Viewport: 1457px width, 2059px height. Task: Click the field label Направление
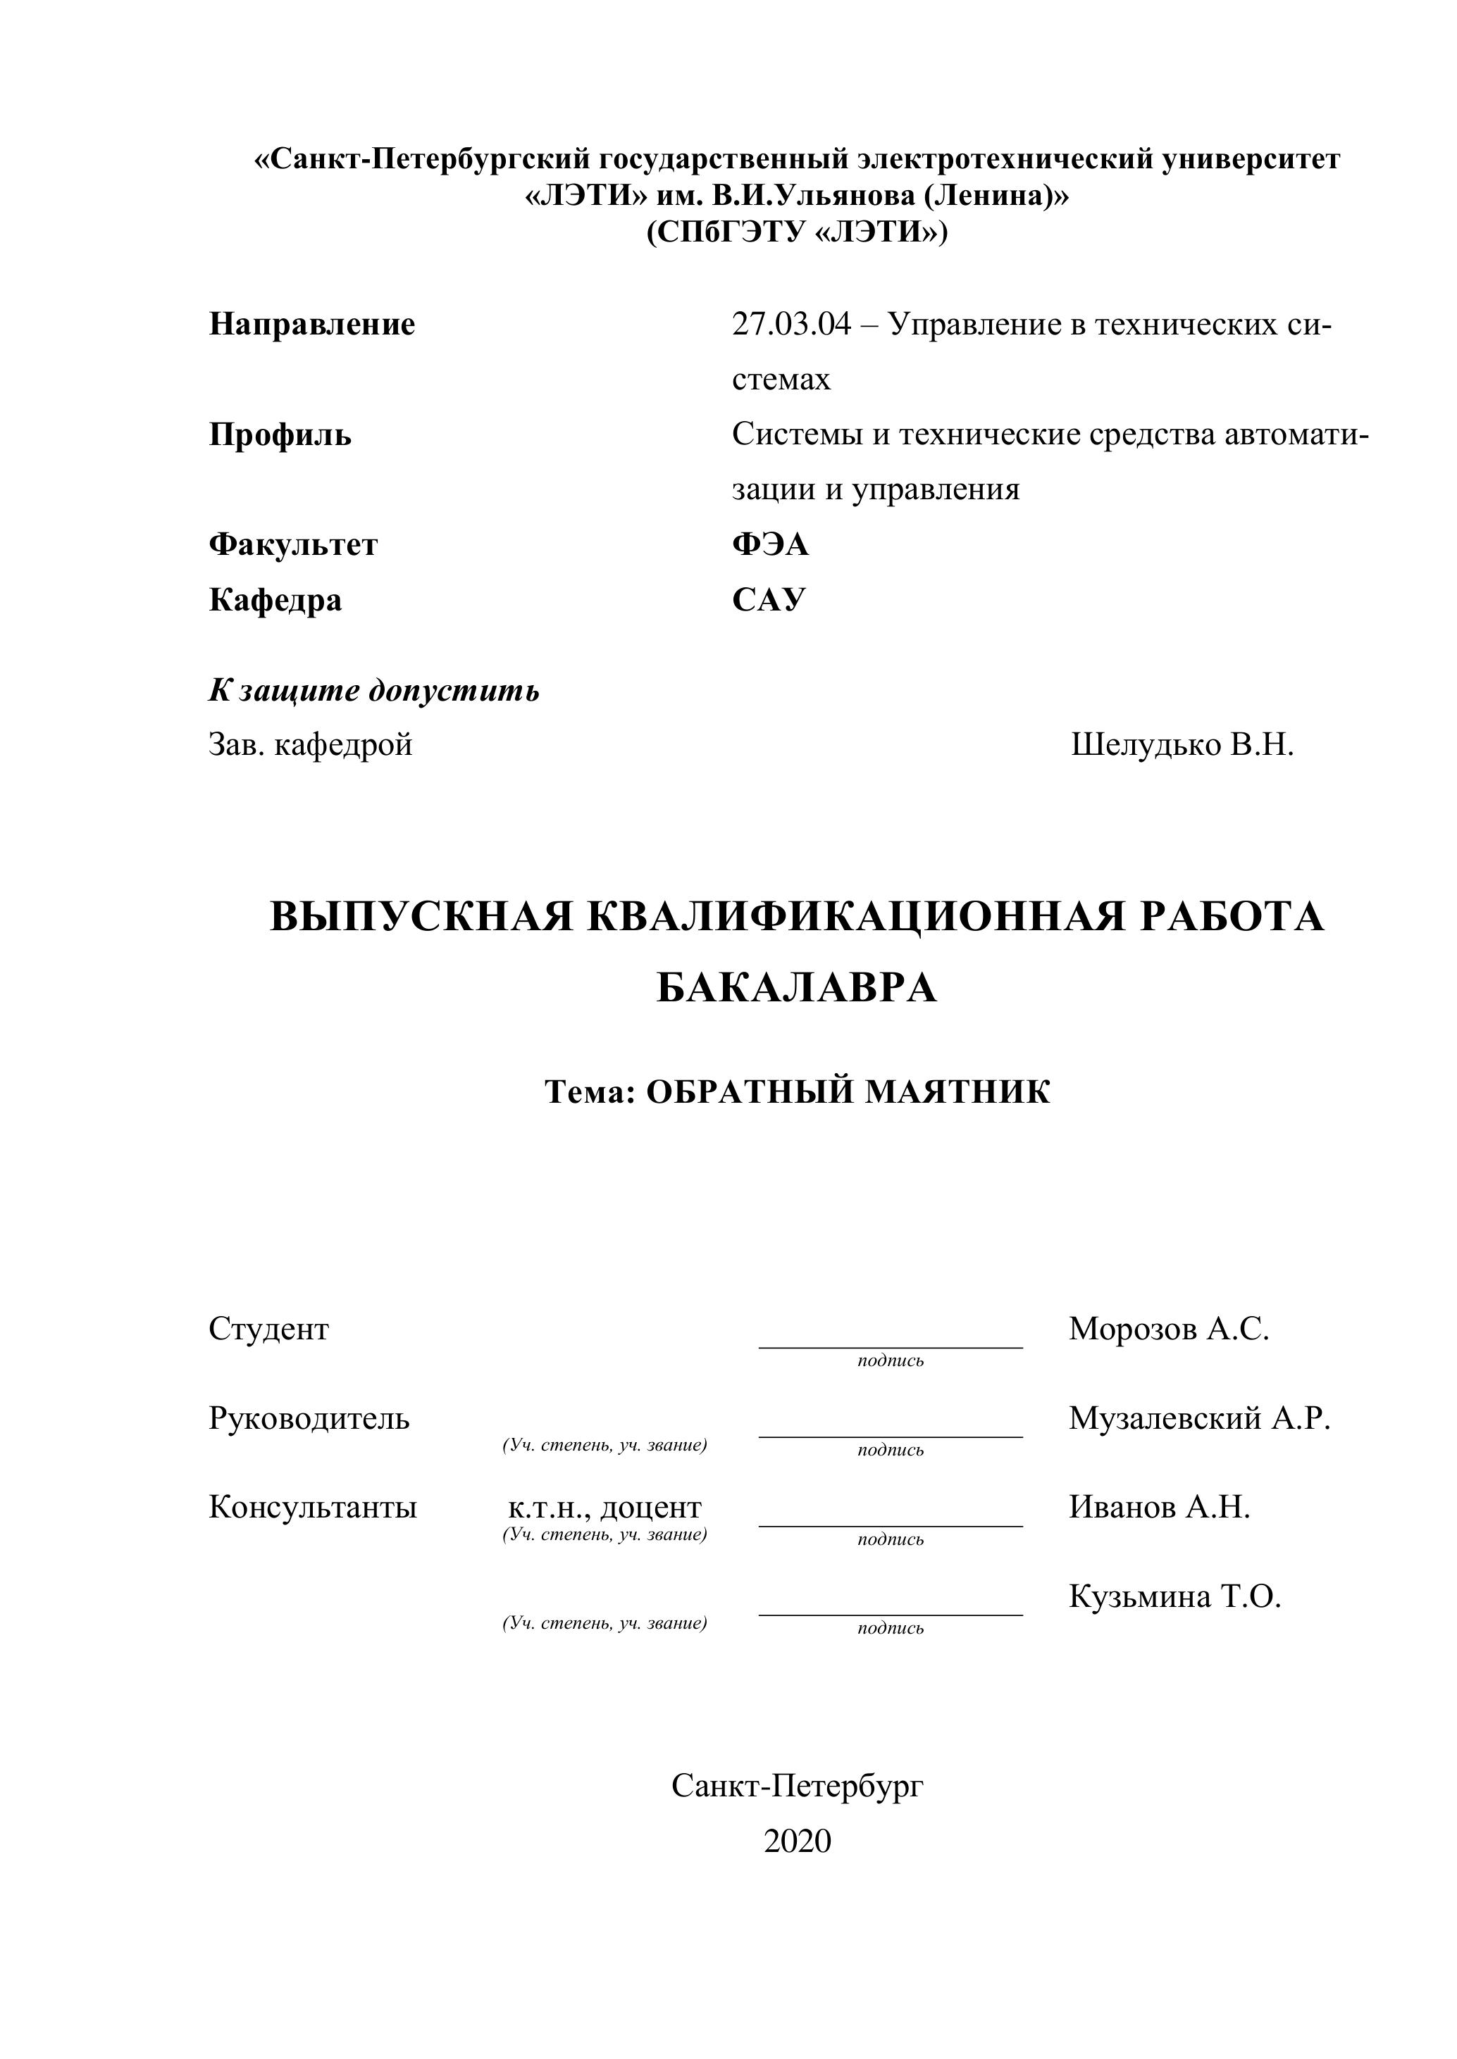(311, 324)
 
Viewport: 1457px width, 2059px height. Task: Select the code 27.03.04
(790, 324)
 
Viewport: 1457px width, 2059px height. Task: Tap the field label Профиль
(280, 435)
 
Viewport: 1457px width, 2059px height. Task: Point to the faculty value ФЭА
(770, 544)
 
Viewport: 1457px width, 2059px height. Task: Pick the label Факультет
(293, 544)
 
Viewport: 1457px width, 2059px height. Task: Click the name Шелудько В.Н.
(1182, 744)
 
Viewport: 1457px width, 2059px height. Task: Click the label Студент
(268, 1329)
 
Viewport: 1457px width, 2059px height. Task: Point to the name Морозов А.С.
(1168, 1329)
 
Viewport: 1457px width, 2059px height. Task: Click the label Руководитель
(309, 1419)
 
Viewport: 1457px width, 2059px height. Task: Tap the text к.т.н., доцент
(604, 1508)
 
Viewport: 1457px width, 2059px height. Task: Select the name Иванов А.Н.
(1158, 1508)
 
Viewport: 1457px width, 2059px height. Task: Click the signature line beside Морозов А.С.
(890, 1346)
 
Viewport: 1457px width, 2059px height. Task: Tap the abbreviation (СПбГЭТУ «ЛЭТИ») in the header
(797, 232)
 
